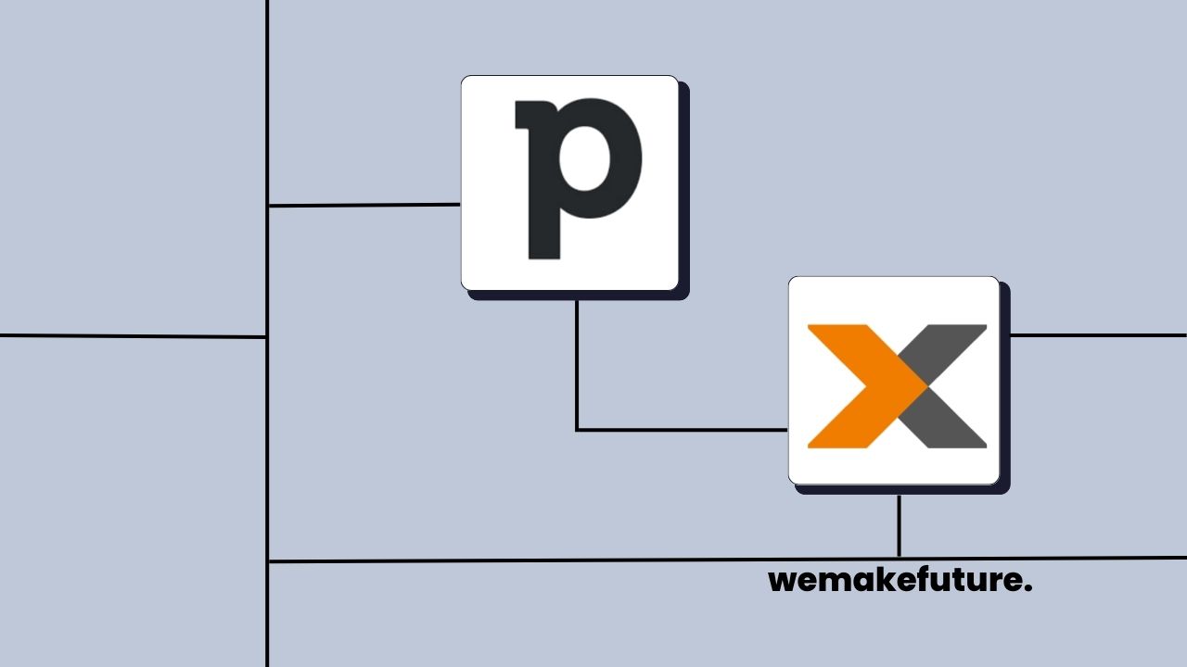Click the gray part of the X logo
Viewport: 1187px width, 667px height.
point(951,385)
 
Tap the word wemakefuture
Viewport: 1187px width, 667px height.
point(900,581)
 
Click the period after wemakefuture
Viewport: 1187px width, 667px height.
point(1027,588)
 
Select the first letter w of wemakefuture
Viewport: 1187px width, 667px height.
point(784,583)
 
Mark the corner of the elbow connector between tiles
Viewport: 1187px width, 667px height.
point(577,430)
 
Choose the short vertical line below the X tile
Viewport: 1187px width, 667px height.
point(899,525)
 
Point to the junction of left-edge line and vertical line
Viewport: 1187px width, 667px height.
point(267,336)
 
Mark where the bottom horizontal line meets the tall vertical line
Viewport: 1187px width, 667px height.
point(267,561)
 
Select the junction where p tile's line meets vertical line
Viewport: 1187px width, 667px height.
point(267,206)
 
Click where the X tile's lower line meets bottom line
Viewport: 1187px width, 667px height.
point(899,559)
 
